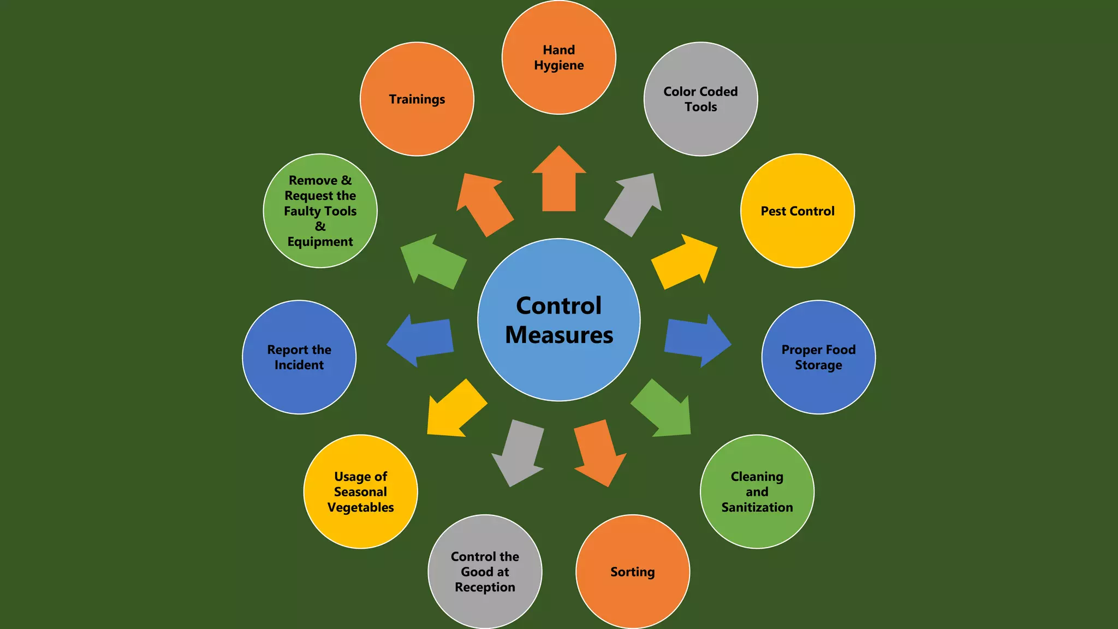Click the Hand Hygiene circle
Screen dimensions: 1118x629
pos(559,57)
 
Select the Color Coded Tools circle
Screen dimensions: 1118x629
pos(701,99)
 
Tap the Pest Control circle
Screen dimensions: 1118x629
pos(798,211)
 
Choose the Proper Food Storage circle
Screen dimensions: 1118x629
pos(818,357)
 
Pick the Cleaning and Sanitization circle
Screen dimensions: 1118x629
pos(757,491)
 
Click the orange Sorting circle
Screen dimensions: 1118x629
pos(633,572)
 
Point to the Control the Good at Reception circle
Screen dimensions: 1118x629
pos(485,572)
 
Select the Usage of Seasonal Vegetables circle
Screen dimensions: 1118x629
pos(360,491)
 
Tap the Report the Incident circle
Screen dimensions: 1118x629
pos(299,357)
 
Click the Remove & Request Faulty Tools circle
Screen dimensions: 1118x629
pos(320,211)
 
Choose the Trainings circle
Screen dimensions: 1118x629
pos(417,99)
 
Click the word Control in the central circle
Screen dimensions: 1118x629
pos(559,306)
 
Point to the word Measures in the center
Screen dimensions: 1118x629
pos(559,335)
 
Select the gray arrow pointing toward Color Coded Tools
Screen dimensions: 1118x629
pos(634,205)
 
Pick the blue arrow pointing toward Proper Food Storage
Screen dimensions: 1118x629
pos(698,341)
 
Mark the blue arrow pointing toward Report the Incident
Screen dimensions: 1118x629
pos(420,341)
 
